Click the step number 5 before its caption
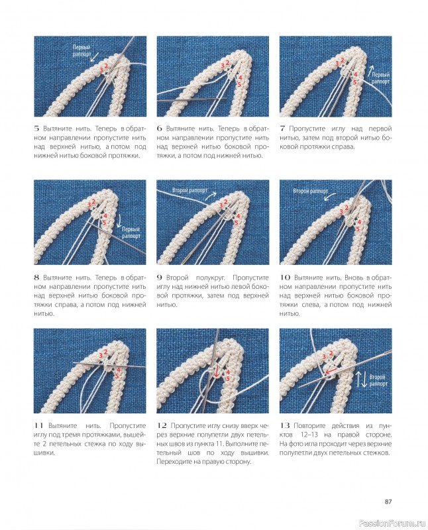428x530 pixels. coord(36,129)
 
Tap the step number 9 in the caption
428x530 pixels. coord(159,278)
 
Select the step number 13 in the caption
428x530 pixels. coord(285,425)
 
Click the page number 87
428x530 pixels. coord(388,502)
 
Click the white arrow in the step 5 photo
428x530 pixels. coord(95,57)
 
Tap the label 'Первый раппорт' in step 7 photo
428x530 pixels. coord(381,78)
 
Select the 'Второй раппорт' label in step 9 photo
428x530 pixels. coord(190,190)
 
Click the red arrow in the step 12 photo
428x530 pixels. coord(216,370)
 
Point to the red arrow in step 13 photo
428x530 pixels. coord(331,372)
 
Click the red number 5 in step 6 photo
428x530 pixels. coord(239,84)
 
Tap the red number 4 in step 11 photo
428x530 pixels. coord(119,370)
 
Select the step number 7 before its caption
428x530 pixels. coord(282,129)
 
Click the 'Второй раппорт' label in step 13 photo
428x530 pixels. coord(378,380)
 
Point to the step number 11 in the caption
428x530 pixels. coord(38,425)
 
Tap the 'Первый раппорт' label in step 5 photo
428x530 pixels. coord(81,51)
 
